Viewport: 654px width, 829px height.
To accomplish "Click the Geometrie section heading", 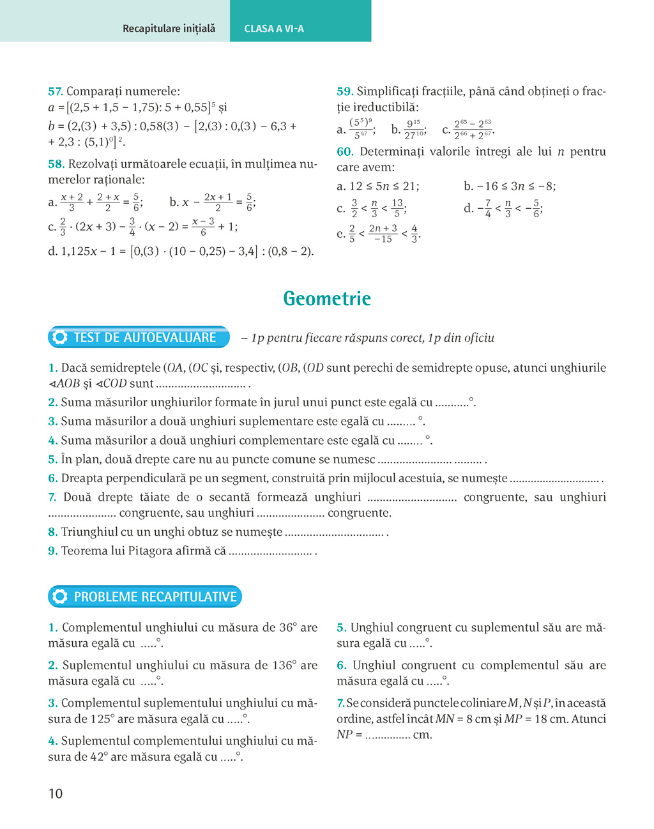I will click(326, 299).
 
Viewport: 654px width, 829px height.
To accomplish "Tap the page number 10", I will click(56, 794).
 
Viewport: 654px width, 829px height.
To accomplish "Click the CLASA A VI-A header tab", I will click(274, 29).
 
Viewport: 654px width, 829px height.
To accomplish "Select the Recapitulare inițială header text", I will click(169, 29).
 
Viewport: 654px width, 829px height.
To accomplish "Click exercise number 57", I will click(55, 91).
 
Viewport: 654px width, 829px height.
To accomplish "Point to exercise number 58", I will click(56, 164).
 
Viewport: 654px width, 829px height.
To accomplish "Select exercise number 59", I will click(344, 91).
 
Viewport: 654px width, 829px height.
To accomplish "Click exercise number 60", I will click(345, 152).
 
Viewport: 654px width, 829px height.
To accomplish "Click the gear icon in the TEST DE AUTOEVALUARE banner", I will click(60, 337).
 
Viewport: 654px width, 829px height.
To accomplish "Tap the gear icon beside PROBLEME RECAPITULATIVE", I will click(60, 597).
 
